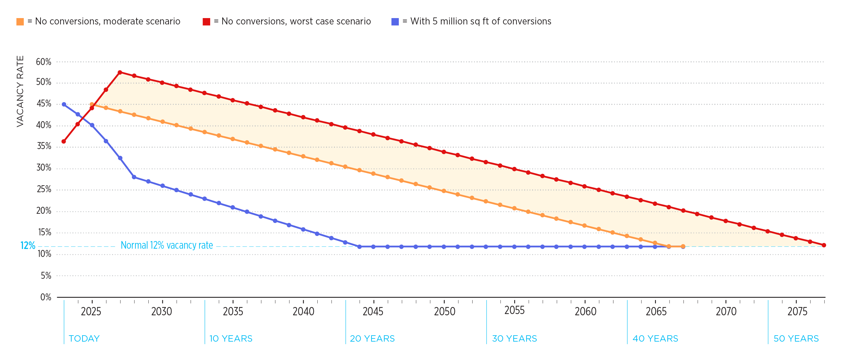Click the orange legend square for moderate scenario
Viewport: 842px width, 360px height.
point(20,22)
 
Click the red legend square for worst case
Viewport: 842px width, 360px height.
point(206,22)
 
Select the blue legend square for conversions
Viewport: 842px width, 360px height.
point(395,22)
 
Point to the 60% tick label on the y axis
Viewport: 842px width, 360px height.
point(43,62)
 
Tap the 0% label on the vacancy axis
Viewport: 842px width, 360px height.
point(46,297)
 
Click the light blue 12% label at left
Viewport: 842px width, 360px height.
point(28,245)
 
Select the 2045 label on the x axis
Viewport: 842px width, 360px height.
point(373,311)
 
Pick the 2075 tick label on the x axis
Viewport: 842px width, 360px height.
point(797,311)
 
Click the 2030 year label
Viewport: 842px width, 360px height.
point(161,311)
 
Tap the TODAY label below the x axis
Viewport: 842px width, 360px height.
point(84,338)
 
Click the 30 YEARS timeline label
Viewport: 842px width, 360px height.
point(515,338)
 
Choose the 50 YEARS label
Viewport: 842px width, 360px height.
point(796,338)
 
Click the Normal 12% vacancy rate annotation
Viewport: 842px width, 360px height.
point(167,245)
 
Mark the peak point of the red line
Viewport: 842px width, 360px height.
point(120,72)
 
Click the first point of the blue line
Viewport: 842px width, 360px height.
point(64,104)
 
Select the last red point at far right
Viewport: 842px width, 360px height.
point(824,245)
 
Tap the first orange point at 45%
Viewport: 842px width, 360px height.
point(92,104)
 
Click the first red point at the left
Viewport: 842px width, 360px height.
point(64,141)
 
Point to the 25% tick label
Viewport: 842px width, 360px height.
point(44,189)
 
